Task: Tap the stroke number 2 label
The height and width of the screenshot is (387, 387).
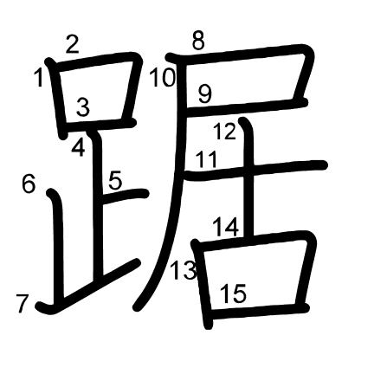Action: pyautogui.click(x=72, y=44)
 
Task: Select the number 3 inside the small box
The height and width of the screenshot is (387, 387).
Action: pyautogui.click(x=83, y=106)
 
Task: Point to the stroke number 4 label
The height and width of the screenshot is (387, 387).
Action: pyautogui.click(x=78, y=148)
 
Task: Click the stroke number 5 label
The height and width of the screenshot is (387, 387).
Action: pyautogui.click(x=115, y=181)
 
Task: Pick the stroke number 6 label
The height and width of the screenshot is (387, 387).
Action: pyautogui.click(x=29, y=184)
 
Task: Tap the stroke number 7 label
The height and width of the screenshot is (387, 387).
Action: pyautogui.click(x=23, y=303)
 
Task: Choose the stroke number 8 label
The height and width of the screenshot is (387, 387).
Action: pyautogui.click(x=198, y=41)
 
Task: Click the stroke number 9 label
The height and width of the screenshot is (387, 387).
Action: pyautogui.click(x=205, y=94)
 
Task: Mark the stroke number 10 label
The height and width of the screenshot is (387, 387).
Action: pyautogui.click(x=162, y=78)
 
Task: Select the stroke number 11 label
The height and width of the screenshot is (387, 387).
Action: pyautogui.click(x=206, y=159)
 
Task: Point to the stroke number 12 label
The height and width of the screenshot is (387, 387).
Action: pyautogui.click(x=224, y=132)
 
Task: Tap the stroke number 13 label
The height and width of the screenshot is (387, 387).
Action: pyautogui.click(x=184, y=271)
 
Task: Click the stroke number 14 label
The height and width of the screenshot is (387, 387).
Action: pyautogui.click(x=226, y=228)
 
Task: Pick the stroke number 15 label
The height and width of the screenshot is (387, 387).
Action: pyautogui.click(x=234, y=293)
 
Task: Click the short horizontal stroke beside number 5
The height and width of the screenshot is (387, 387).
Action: pyautogui.click(x=126, y=196)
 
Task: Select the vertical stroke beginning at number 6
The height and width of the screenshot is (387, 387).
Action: pyautogui.click(x=58, y=245)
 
